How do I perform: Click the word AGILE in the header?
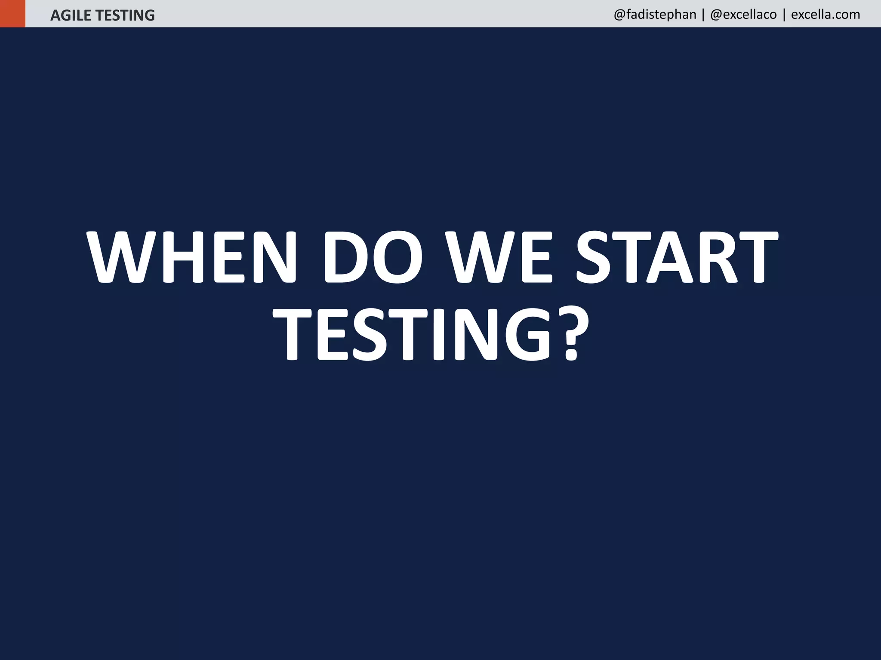point(71,15)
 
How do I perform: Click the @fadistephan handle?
point(655,15)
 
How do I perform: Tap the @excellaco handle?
point(743,15)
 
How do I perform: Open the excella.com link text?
point(826,15)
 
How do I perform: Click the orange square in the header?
point(12,13)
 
